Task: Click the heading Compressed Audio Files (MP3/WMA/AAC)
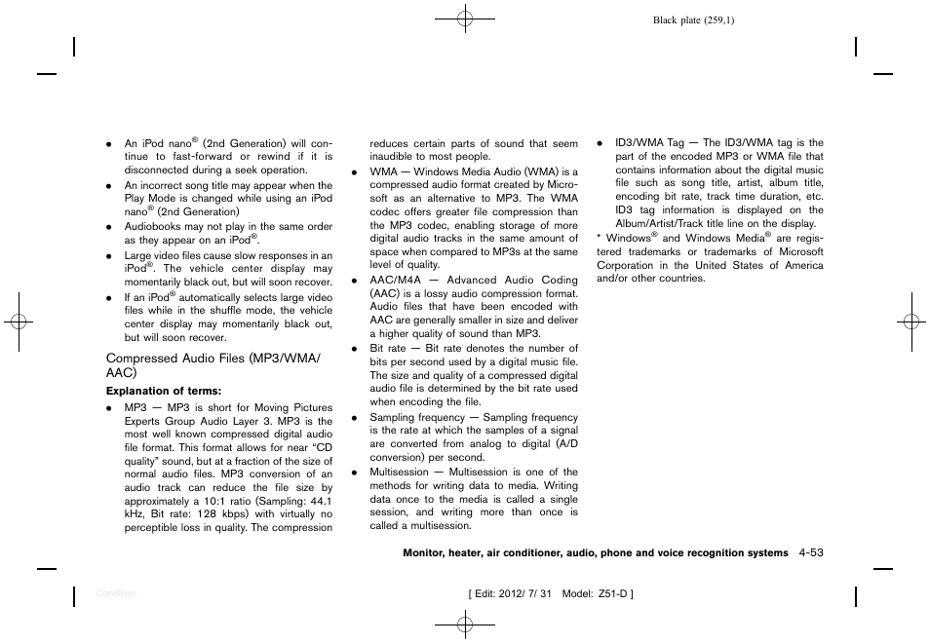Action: click(x=212, y=365)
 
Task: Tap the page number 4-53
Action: click(x=809, y=552)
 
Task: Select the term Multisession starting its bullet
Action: click(x=400, y=473)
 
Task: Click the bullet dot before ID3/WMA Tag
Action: click(x=600, y=143)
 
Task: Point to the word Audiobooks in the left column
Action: click(x=152, y=227)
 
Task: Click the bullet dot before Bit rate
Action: click(x=355, y=349)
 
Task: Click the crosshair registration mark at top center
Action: click(x=465, y=18)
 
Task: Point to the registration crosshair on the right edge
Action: click(x=909, y=322)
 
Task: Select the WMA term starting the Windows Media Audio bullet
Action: click(x=383, y=171)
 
